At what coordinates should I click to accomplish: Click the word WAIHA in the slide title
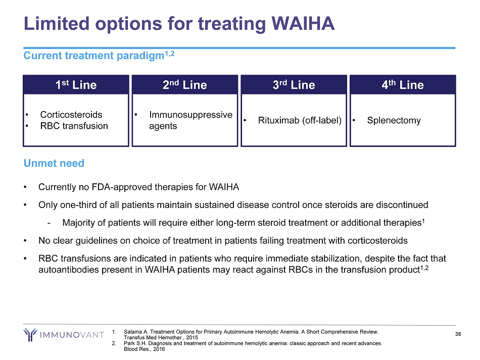click(303, 23)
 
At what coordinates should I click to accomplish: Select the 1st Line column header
click(76, 85)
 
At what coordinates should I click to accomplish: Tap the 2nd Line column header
click(185, 85)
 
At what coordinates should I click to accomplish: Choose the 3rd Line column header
click(294, 85)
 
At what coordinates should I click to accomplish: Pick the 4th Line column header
click(403, 85)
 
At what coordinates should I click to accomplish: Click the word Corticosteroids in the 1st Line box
click(71, 115)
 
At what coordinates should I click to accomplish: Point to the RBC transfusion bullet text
click(74, 126)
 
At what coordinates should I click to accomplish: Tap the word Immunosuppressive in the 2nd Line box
click(190, 115)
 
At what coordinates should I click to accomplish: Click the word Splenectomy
click(394, 121)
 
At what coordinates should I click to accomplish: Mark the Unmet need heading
click(54, 163)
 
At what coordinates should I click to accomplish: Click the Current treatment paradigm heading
click(94, 56)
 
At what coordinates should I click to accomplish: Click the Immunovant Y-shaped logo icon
click(30, 334)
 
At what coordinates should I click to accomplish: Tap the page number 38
click(458, 334)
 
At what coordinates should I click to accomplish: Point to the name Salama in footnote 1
click(132, 332)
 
